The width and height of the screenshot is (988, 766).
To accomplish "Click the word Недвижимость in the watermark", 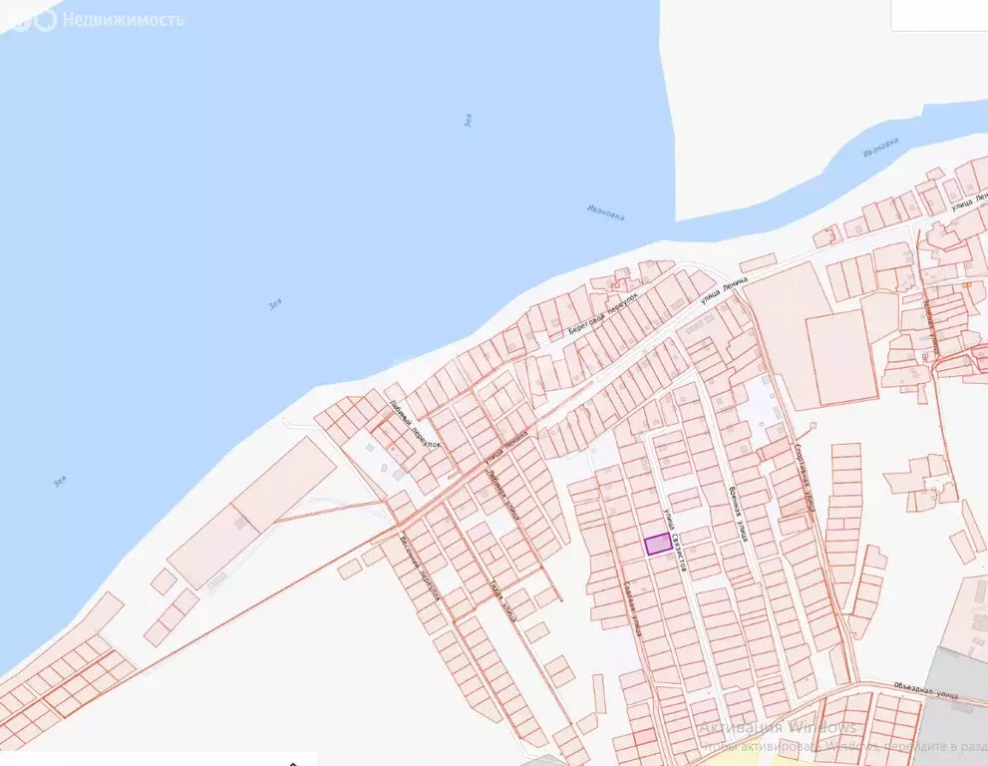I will [123, 19].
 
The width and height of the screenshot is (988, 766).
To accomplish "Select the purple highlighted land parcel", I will [657, 544].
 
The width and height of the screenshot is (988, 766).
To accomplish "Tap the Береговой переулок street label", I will [602, 313].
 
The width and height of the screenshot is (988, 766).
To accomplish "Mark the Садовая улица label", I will [631, 608].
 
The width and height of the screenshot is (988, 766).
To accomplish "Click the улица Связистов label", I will [676, 539].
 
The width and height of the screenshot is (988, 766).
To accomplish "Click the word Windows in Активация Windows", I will [819, 726].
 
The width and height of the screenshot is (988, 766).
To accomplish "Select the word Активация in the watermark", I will [739, 726].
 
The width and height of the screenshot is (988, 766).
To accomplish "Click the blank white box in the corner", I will [938, 15].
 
